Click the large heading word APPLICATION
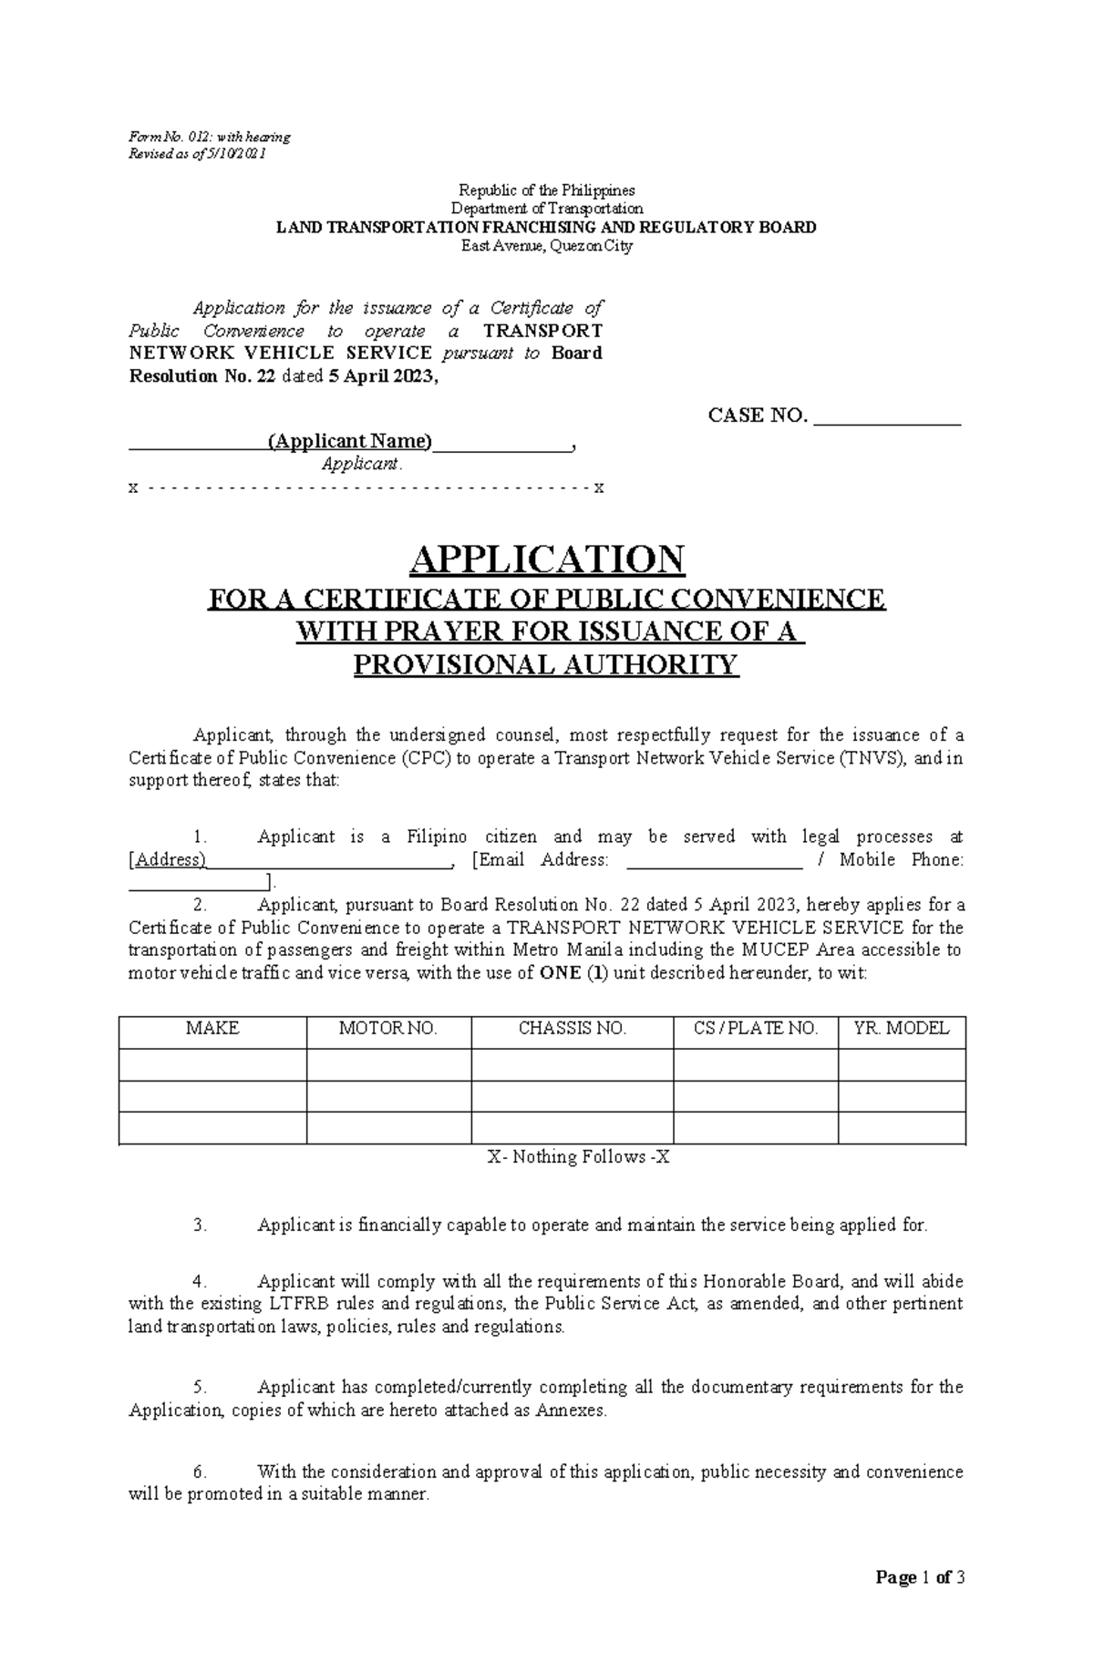point(547,559)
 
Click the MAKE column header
point(212,1029)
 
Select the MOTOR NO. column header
point(388,1029)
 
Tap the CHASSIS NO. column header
point(573,1029)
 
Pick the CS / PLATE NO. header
point(756,1029)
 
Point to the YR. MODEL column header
point(902,1029)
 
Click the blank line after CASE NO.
point(887,419)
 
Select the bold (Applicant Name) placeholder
point(350,442)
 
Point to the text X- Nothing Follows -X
point(579,1157)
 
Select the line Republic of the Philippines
point(547,190)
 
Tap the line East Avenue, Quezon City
point(547,246)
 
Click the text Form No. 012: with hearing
point(210,137)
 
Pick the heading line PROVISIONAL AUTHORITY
point(545,665)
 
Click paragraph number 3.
point(201,1226)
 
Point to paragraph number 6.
point(201,1472)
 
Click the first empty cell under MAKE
point(212,1063)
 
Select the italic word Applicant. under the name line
point(362,464)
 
